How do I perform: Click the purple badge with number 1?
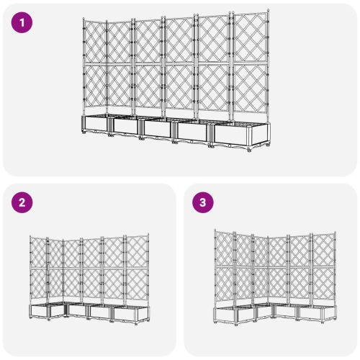point(24,23)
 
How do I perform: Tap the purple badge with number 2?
point(24,203)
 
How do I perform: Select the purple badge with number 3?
point(204,203)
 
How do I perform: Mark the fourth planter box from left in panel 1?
point(192,132)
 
